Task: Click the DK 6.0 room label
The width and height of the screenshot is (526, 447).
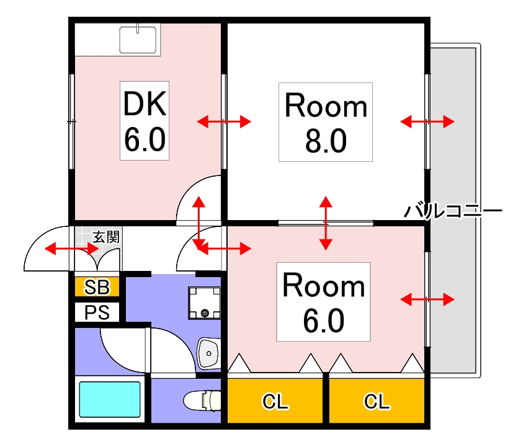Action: pyautogui.click(x=145, y=122)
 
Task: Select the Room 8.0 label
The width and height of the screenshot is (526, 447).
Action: pyautogui.click(x=326, y=123)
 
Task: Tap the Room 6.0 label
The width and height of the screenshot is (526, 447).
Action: pyautogui.click(x=323, y=302)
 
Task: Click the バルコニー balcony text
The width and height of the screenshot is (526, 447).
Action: pyautogui.click(x=452, y=211)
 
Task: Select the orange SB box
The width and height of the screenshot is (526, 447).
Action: pyautogui.click(x=97, y=287)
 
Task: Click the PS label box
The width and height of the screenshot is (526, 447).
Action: pyautogui.click(x=97, y=312)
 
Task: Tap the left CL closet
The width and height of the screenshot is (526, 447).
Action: pyautogui.click(x=275, y=402)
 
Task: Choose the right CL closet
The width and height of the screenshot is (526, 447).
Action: pyautogui.click(x=377, y=402)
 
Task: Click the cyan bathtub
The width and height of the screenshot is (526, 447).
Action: pyautogui.click(x=109, y=401)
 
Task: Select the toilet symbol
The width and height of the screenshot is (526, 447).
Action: pyautogui.click(x=202, y=401)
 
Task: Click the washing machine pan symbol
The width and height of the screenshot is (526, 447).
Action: pyautogui.click(x=204, y=303)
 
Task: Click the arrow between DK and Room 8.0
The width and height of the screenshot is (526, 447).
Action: pyautogui.click(x=224, y=122)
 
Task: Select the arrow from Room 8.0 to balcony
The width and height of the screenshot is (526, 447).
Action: pyautogui.click(x=427, y=122)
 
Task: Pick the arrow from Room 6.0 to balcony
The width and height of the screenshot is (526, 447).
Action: pyautogui.click(x=427, y=300)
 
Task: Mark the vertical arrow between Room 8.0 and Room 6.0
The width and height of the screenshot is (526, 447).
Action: pyautogui.click(x=325, y=223)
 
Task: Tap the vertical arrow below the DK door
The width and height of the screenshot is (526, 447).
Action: pyautogui.click(x=199, y=223)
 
